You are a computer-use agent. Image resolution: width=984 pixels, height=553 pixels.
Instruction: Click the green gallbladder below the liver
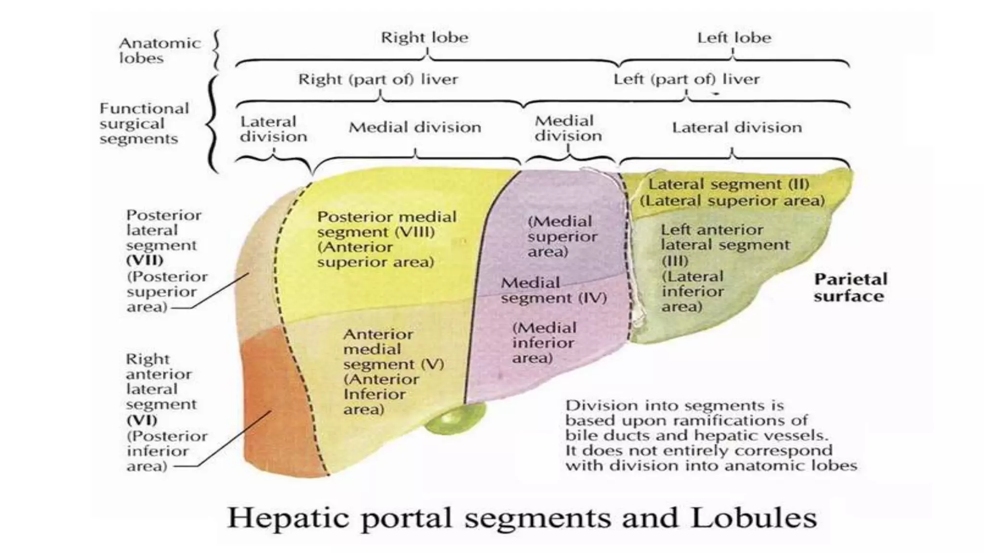click(x=454, y=419)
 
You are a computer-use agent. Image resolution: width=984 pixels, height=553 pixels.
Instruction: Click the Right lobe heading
click(x=424, y=37)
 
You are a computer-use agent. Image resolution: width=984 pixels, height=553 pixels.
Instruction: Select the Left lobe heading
click(x=734, y=37)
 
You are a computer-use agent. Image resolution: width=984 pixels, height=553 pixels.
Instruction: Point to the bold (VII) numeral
click(x=145, y=261)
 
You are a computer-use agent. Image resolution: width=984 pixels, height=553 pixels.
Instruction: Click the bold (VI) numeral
click(x=142, y=420)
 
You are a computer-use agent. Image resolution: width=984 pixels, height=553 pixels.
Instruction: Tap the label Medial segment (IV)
click(x=553, y=290)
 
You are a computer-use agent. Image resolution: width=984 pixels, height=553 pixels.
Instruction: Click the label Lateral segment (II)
click(x=728, y=184)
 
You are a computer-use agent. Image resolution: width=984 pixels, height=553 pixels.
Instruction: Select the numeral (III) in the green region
click(x=675, y=261)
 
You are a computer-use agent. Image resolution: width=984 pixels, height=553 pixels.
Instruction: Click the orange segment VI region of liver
click(x=271, y=408)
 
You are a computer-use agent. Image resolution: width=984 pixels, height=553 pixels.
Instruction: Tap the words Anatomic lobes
click(x=160, y=50)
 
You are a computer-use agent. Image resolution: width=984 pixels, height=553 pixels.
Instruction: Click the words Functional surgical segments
click(x=144, y=123)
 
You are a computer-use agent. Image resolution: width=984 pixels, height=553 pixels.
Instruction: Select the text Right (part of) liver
click(x=378, y=79)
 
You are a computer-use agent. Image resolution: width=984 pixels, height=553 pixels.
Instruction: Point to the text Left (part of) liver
click(x=686, y=79)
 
